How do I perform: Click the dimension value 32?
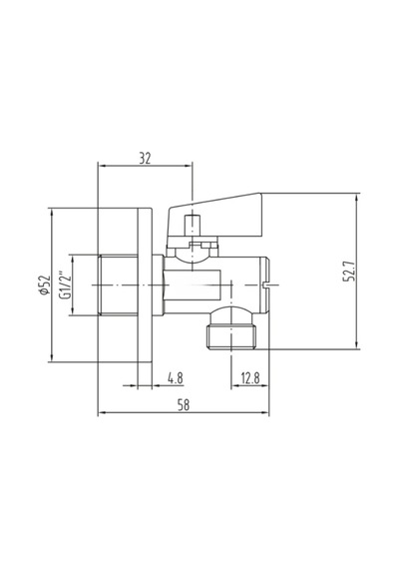click(x=145, y=158)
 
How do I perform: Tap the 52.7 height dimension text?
click(x=350, y=272)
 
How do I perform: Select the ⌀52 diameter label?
click(x=44, y=284)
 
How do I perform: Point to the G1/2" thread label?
click(x=64, y=284)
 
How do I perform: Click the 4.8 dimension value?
click(x=176, y=378)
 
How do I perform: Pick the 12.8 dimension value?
click(x=250, y=378)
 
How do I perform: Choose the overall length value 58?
click(x=184, y=404)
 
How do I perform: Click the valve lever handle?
click(x=214, y=217)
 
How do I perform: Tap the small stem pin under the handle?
click(x=193, y=226)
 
